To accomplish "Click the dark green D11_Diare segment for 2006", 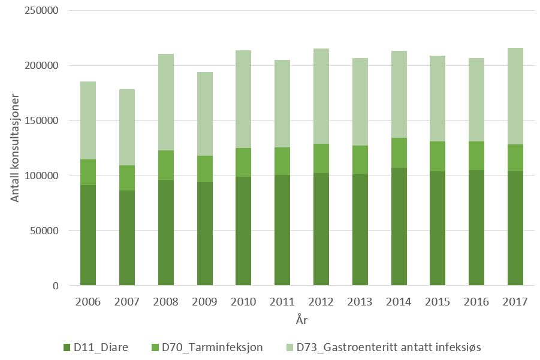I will point(88,235).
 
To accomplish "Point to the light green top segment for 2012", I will point(321,96).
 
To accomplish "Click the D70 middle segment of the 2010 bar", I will point(243,162).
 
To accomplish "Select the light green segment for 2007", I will point(126,127).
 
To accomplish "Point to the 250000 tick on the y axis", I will point(41,11).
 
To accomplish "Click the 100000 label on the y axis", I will point(41,176).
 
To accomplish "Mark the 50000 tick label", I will point(43,231).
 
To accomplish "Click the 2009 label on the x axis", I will point(204,301).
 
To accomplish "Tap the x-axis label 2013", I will point(360,301).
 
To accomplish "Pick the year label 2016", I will point(476,301).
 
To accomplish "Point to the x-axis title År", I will point(301,320).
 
